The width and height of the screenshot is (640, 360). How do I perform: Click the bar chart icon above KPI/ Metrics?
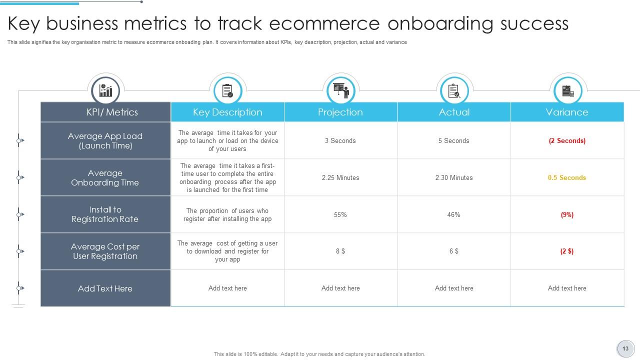pos(105,90)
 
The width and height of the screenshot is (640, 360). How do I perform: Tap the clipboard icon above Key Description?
pos(227,91)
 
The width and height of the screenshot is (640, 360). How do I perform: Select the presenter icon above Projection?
pos(341,90)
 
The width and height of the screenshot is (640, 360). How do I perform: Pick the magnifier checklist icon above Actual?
pos(454,91)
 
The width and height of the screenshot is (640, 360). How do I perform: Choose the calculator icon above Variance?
pos(567,91)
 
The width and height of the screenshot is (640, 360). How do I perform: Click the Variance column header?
pos(567,112)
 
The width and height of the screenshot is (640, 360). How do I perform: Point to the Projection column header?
pos(340,112)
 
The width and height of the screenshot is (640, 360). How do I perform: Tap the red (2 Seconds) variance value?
pos(567,140)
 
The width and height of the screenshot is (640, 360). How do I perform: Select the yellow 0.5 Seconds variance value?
pos(567,177)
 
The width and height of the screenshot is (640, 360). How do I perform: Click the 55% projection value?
pos(340,214)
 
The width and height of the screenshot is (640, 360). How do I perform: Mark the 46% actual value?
pos(453,214)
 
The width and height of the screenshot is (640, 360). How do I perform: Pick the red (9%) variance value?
pos(567,214)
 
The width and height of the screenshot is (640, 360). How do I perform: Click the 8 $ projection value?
pos(340,251)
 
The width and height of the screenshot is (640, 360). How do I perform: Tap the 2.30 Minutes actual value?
pos(453,177)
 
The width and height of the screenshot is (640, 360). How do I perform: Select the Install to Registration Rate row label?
pos(105,214)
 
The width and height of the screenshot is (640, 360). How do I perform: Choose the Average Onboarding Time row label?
pos(105,177)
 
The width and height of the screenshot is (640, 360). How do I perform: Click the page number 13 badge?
pos(625,348)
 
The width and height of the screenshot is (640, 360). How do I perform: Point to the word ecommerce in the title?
pos(324,23)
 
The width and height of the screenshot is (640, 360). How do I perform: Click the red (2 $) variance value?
pos(567,251)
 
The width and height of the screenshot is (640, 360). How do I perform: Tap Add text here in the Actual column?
pos(453,288)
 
